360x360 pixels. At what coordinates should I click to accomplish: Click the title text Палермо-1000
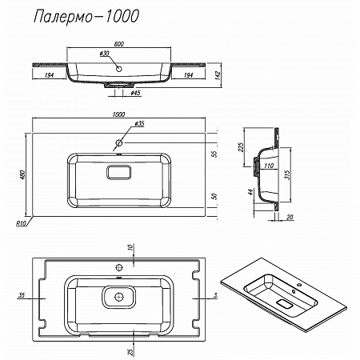pyautogui.click(x=86, y=17)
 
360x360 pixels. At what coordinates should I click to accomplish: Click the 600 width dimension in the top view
pyautogui.click(x=118, y=44)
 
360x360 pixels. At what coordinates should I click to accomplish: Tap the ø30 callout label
pyautogui.click(x=105, y=54)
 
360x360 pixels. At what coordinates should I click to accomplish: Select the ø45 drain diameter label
pyautogui.click(x=136, y=93)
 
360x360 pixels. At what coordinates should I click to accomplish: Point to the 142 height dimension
pyautogui.click(x=218, y=76)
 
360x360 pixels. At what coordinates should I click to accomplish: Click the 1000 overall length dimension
pyautogui.click(x=118, y=114)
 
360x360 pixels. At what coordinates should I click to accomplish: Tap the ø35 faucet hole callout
pyautogui.click(x=139, y=124)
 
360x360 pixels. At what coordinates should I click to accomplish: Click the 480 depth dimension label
pyautogui.click(x=23, y=174)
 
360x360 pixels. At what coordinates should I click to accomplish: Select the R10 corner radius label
pyautogui.click(x=21, y=223)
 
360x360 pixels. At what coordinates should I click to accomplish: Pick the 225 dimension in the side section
pyautogui.click(x=241, y=147)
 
